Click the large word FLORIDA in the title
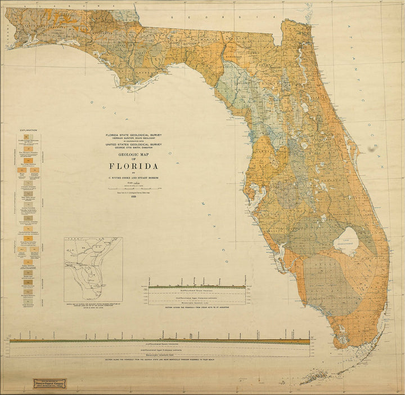point(134,166)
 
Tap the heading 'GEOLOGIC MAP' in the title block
point(134,154)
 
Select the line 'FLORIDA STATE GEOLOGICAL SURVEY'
point(134,135)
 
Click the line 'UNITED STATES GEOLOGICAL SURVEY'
point(134,144)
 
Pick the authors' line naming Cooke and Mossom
point(134,177)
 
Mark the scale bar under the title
point(134,188)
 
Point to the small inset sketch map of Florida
point(93,269)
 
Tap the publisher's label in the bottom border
point(54,384)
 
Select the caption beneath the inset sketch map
point(93,307)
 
